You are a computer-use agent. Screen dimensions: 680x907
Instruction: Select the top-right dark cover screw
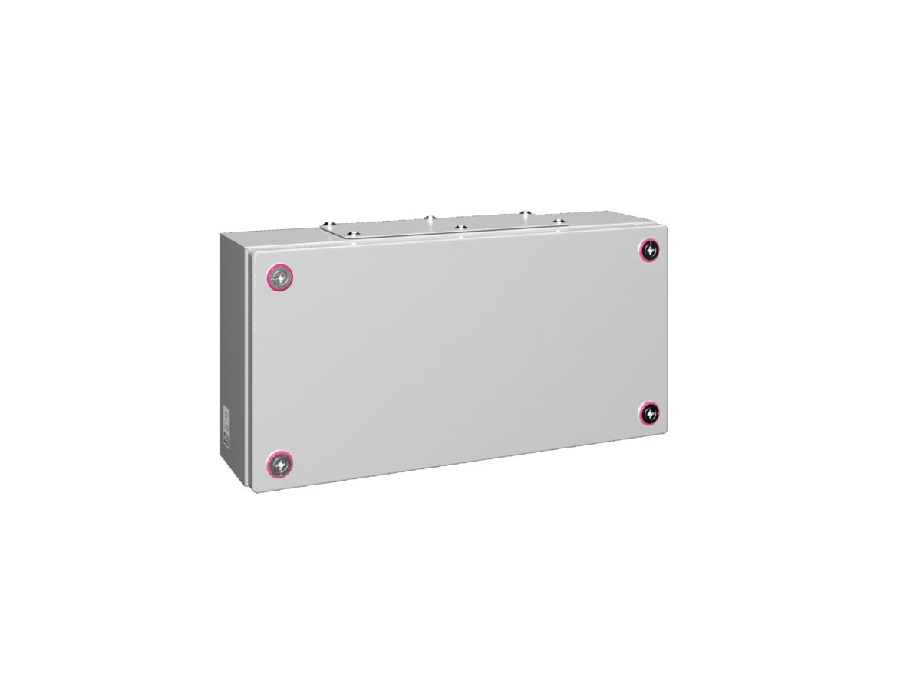coord(650,249)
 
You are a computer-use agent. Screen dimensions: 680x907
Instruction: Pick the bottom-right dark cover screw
coord(650,414)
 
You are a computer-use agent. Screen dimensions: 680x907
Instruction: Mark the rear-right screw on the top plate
coord(525,212)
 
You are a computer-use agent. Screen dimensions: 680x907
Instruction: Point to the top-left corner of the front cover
coord(252,253)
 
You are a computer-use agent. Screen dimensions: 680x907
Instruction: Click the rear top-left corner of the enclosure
coord(223,234)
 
